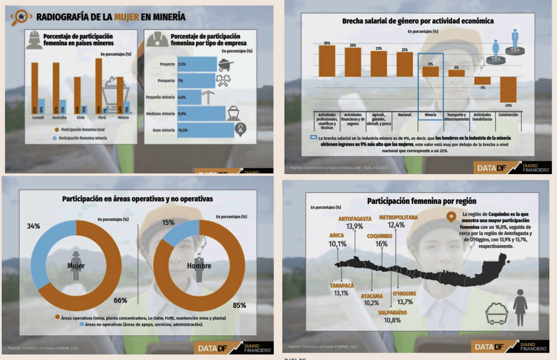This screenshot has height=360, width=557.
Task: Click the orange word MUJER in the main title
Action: [126, 17]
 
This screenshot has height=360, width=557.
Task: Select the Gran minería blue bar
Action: [205, 130]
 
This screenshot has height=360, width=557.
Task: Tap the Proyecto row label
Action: [167, 64]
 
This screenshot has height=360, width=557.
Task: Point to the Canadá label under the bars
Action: [38, 118]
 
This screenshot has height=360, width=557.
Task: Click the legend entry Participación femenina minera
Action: [83, 138]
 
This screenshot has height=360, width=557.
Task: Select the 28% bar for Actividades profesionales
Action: [327, 61]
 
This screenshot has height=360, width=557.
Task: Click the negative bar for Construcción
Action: [508, 89]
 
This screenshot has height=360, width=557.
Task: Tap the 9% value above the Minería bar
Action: [431, 64]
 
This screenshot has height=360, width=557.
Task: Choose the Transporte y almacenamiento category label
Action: [456, 117]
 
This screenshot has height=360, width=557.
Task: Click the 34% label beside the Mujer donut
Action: [33, 226]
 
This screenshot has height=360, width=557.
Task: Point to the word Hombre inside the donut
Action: [199, 266]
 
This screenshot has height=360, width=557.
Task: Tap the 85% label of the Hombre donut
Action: [239, 305]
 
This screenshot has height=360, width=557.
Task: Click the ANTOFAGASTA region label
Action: [355, 219]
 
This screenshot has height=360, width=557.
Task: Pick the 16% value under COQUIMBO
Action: [381, 244]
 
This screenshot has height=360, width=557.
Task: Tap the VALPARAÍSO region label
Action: [392, 313]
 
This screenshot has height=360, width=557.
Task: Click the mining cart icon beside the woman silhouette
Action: [496, 313]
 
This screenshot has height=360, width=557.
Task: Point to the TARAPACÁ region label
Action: [342, 285]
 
